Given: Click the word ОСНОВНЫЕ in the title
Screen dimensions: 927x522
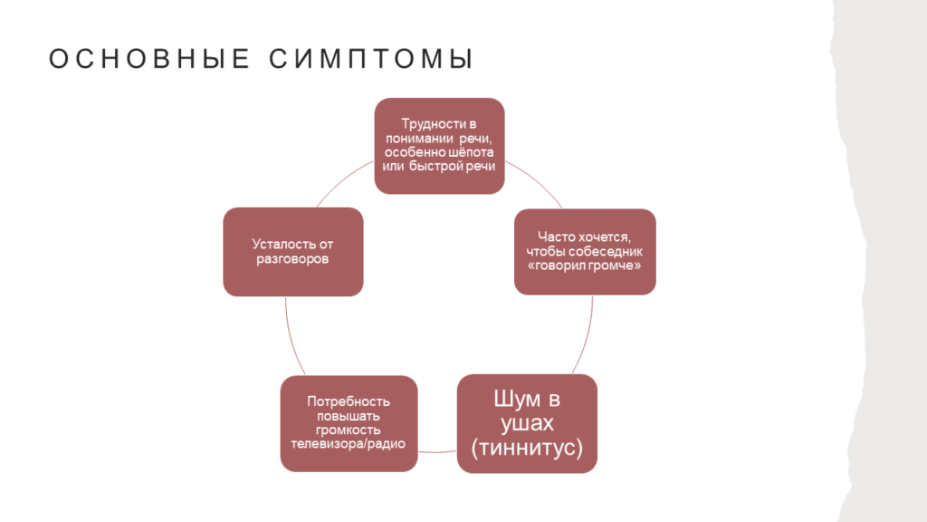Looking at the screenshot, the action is click(x=149, y=59).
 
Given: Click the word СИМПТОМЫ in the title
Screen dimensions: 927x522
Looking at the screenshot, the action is click(x=371, y=59).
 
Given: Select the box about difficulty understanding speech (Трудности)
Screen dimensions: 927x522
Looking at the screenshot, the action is click(x=439, y=146).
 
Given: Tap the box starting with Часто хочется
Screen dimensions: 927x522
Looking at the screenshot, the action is click(x=585, y=252).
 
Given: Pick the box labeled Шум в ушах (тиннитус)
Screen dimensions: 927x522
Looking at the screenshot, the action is click(x=527, y=423).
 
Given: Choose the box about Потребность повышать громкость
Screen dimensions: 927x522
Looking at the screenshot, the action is click(x=349, y=423).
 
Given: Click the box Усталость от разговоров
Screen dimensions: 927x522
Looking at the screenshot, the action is click(x=293, y=252).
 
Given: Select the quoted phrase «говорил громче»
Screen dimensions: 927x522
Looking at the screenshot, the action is click(x=584, y=266).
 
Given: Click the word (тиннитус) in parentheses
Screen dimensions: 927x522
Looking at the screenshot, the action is click(x=527, y=448).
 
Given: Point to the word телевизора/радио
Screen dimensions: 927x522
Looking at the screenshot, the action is click(x=349, y=444).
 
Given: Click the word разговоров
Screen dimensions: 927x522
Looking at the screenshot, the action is click(x=292, y=258).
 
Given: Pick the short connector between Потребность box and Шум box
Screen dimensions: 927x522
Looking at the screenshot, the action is click(x=437, y=452).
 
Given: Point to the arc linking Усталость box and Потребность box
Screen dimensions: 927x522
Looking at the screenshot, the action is click(x=292, y=337).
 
